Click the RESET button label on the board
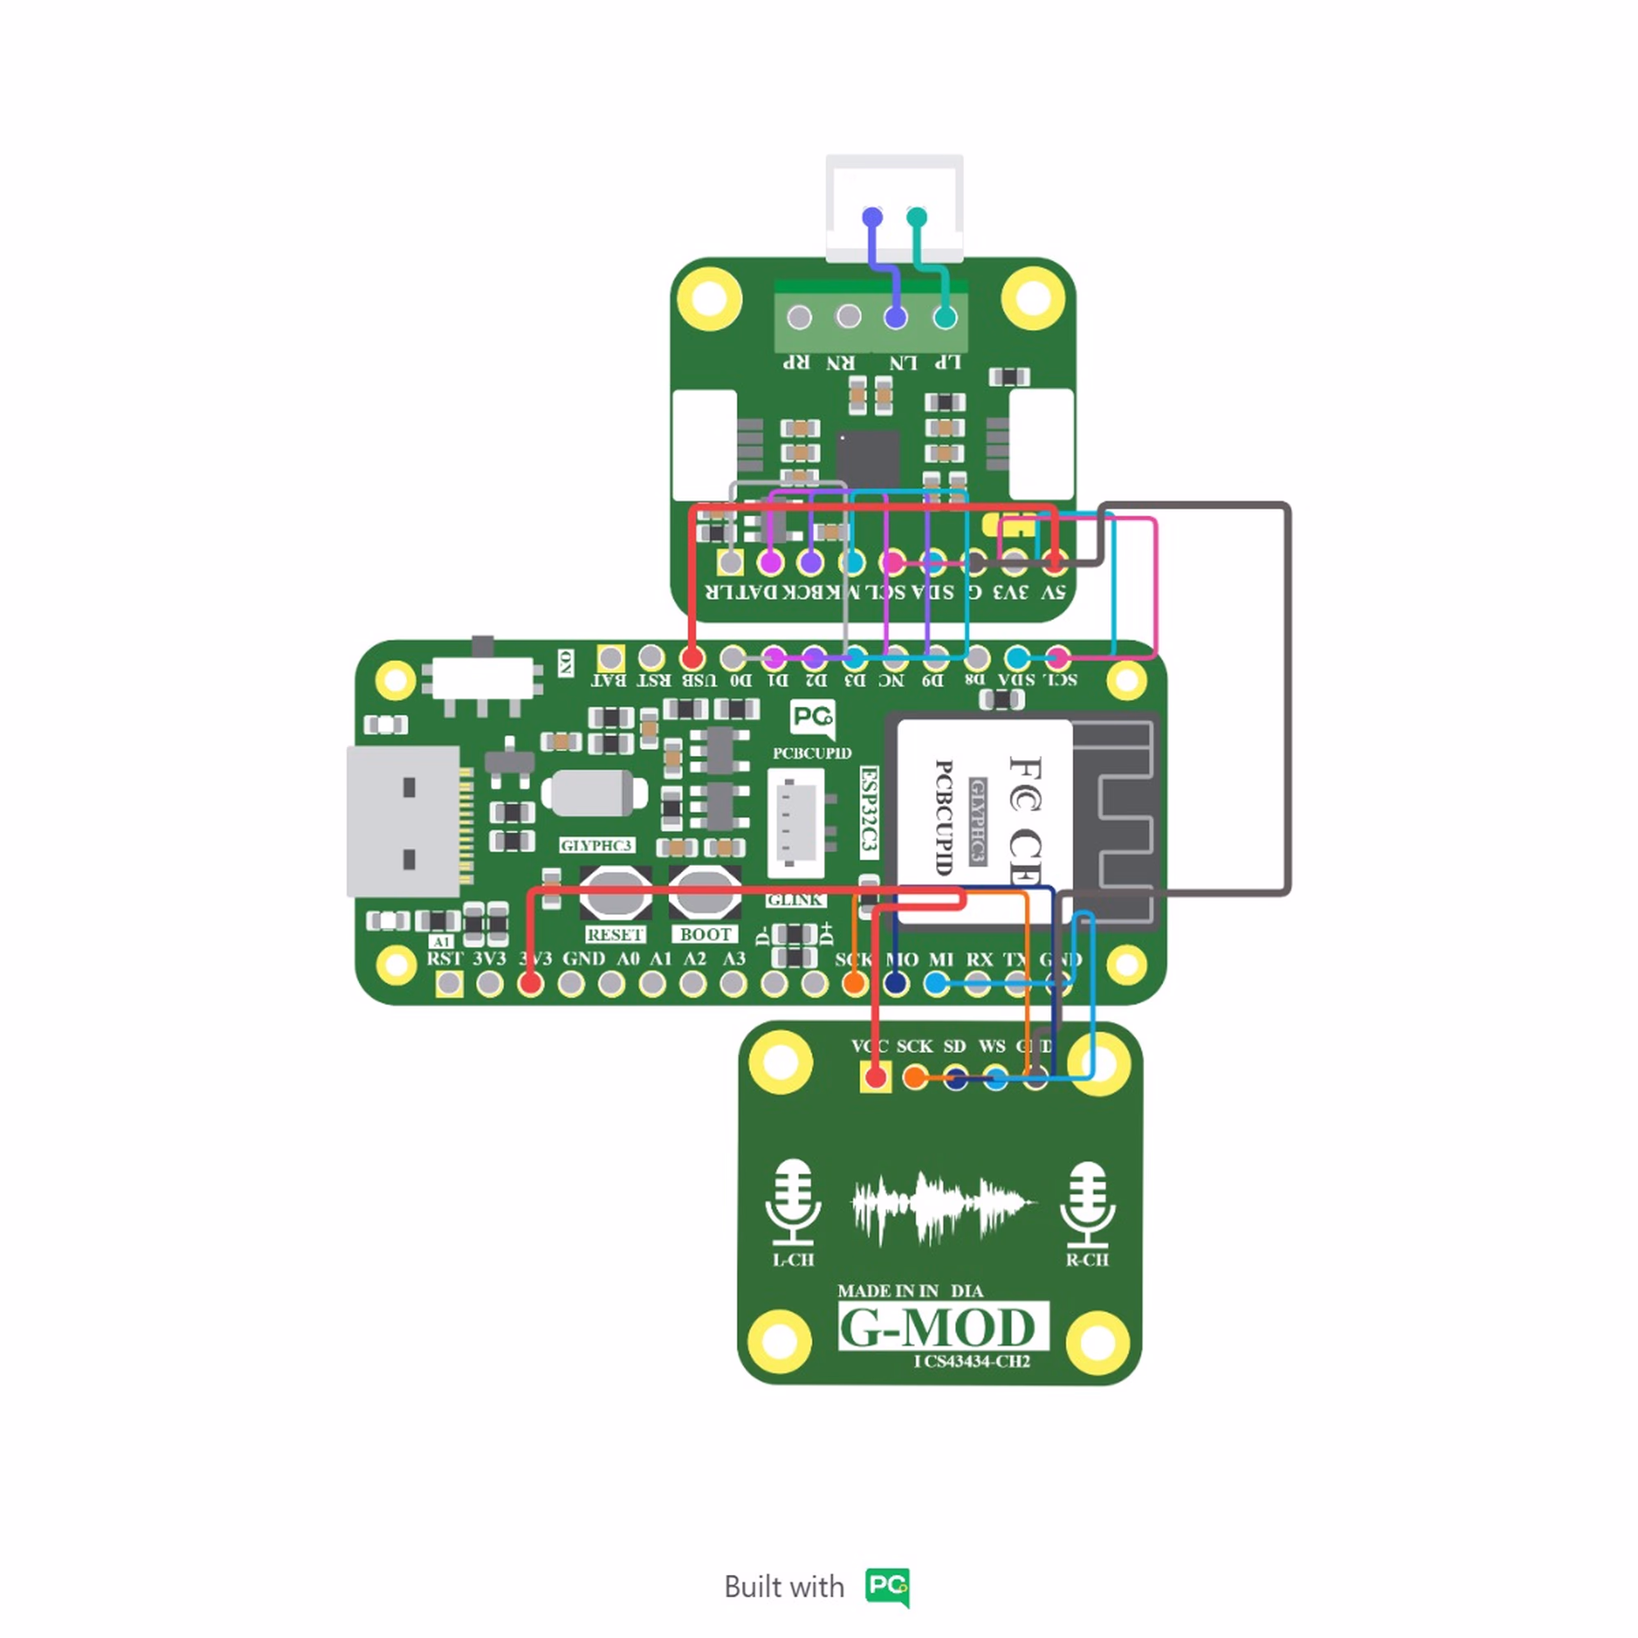[615, 934]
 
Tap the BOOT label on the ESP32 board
[704, 934]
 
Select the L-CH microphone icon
[793, 1204]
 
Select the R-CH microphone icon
[1087, 1204]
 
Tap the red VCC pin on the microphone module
[875, 1078]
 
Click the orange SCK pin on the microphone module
[915, 1078]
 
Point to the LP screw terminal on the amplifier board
[944, 317]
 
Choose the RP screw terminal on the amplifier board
[799, 317]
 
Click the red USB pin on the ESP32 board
[692, 657]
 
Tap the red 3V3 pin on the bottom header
[530, 984]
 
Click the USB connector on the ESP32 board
[405, 821]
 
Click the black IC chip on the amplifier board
[867, 459]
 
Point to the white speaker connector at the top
[894, 207]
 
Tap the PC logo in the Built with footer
[887, 1586]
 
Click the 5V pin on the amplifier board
[1054, 561]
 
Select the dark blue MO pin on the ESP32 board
[896, 984]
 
